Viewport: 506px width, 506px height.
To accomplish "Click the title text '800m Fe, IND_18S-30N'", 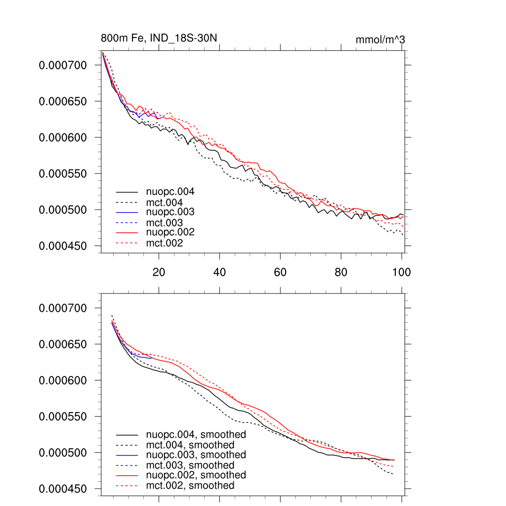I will (x=159, y=39).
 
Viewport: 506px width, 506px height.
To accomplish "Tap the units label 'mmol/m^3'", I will (x=380, y=40).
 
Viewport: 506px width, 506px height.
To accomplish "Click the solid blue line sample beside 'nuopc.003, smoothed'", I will (x=127, y=455).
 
